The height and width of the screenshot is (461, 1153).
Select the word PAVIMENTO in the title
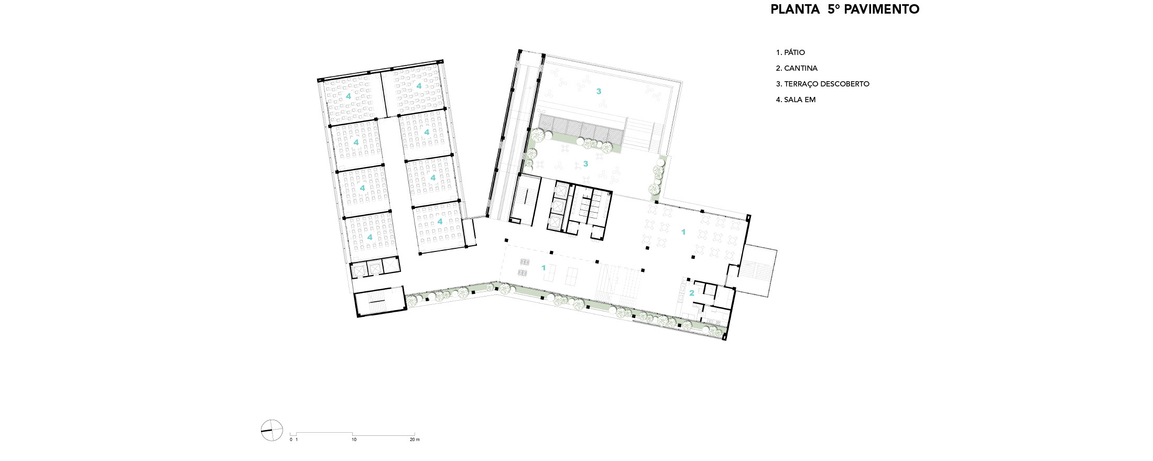pyautogui.click(x=885, y=9)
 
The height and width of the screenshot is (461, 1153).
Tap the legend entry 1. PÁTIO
pyautogui.click(x=790, y=52)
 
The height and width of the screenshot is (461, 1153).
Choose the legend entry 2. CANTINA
pyautogui.click(x=797, y=68)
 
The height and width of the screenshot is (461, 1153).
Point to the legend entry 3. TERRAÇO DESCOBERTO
pyautogui.click(x=822, y=84)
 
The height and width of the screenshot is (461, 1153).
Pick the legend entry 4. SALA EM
pyautogui.click(x=796, y=100)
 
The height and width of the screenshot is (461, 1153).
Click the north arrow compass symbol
pyautogui.click(x=271, y=431)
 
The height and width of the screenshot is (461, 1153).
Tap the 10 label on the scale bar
pyautogui.click(x=354, y=440)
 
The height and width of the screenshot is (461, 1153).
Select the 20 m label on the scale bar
pyautogui.click(x=414, y=440)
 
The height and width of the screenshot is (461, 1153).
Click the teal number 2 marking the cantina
pyautogui.click(x=691, y=293)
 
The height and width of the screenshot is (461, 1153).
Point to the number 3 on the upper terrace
pyautogui.click(x=599, y=91)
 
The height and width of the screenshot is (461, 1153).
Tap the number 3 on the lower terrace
pyautogui.click(x=585, y=163)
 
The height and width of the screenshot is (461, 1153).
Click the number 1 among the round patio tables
pyautogui.click(x=683, y=232)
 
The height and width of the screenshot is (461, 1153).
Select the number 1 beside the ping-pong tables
pyautogui.click(x=543, y=268)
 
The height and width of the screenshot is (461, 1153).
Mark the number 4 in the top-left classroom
pyautogui.click(x=348, y=96)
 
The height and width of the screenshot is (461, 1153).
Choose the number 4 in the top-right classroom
pyautogui.click(x=419, y=85)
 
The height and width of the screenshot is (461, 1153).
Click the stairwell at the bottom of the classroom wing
pyautogui.click(x=380, y=302)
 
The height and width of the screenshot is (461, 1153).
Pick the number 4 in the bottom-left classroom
pyautogui.click(x=369, y=237)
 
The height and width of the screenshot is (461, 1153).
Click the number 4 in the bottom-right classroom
pyautogui.click(x=440, y=221)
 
